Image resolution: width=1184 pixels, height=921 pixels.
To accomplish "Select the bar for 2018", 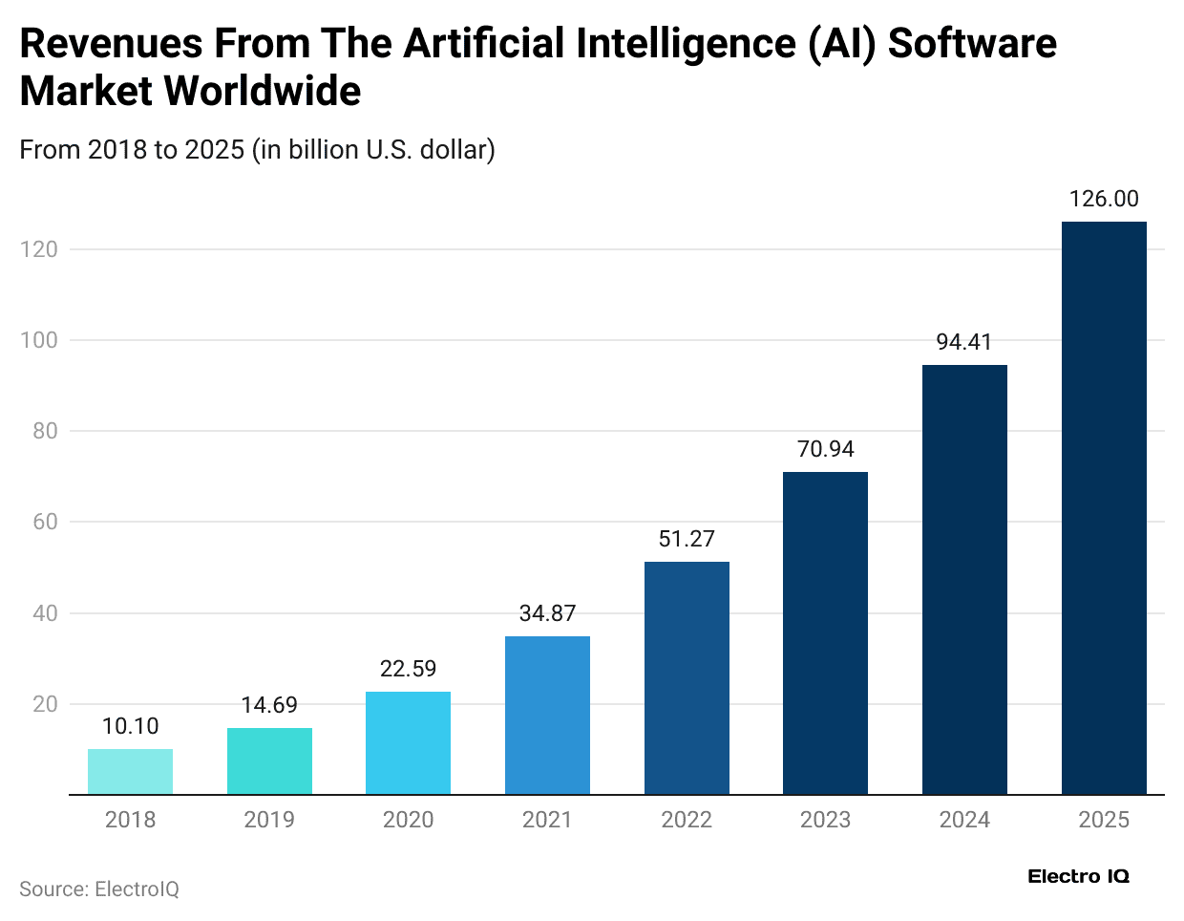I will point(130,771).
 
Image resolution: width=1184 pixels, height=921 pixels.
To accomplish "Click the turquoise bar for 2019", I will point(269,760).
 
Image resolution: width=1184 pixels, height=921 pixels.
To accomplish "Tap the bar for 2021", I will point(547,715).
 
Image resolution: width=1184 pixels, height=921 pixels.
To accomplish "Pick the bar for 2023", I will point(825,632).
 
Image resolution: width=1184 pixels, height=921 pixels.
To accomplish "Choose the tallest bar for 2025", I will point(1104,507).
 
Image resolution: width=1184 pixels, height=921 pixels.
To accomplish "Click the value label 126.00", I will point(1104,199).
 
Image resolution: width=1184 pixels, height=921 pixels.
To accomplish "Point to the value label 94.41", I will point(964,342).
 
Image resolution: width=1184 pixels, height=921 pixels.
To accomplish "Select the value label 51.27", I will point(687,539).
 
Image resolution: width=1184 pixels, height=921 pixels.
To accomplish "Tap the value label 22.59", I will point(408,669).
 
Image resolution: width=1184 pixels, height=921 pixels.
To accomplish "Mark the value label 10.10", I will point(130,726).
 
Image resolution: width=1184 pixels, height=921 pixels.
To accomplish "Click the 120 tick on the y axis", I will point(39,249).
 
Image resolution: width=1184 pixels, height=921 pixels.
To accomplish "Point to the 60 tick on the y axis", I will point(45,522).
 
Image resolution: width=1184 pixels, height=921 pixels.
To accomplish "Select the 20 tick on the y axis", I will point(45,704).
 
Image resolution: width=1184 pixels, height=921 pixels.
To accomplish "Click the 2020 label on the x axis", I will point(408,820).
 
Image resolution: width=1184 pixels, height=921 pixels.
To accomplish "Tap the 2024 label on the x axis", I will point(964,820).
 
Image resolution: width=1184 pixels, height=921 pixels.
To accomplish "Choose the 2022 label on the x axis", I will point(687,820).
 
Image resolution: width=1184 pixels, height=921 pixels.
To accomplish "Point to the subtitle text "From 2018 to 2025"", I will point(132,150).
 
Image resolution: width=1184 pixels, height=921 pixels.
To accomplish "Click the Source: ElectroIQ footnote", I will point(99,889).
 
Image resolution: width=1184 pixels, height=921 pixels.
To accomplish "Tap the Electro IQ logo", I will point(1078,876).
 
